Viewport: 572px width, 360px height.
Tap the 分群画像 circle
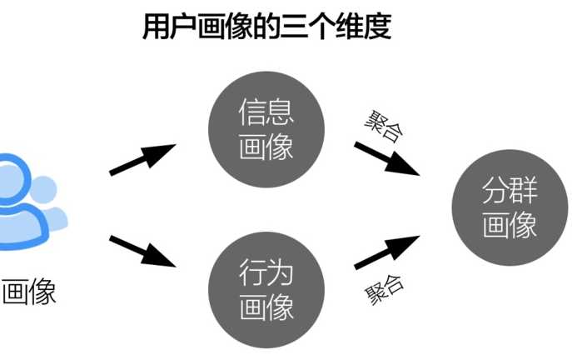click(509, 208)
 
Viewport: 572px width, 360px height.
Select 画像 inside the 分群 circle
click(509, 226)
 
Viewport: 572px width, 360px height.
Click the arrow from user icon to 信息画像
click(143, 159)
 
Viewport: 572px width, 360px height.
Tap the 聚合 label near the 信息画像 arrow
click(382, 125)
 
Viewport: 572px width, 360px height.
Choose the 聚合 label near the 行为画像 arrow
click(384, 288)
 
